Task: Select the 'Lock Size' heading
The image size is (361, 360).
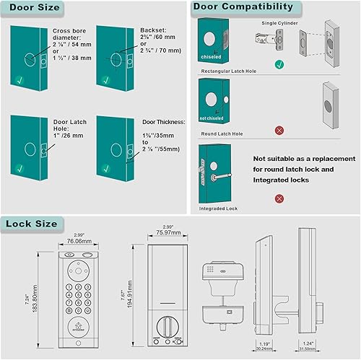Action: (x=32, y=224)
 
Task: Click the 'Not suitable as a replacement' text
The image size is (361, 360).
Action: (x=304, y=159)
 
